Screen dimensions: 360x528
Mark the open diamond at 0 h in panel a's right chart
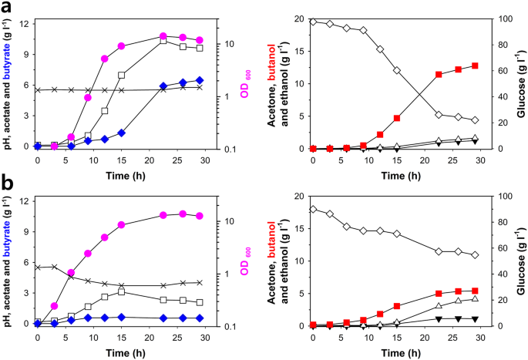click(x=313, y=22)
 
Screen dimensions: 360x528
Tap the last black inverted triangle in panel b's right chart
click(x=476, y=318)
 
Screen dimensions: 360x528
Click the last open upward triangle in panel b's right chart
click(x=476, y=298)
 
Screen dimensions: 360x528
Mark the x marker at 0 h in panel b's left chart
click(x=38, y=267)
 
